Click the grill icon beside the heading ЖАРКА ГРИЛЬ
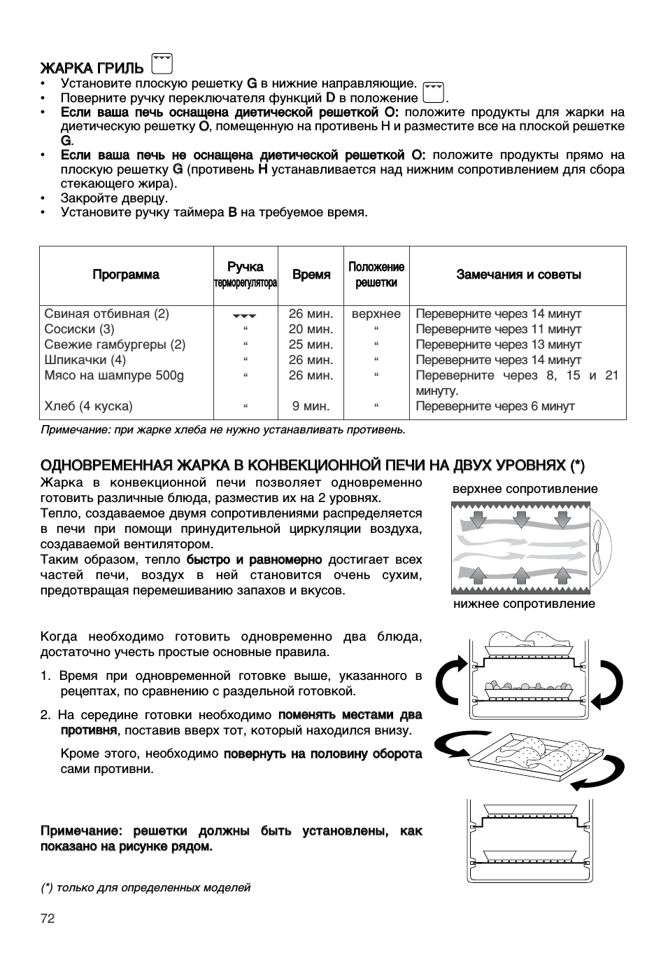tap(162, 64)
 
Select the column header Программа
tap(126, 275)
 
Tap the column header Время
tap(311, 275)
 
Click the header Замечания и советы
tap(518, 275)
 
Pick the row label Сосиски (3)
tap(79, 329)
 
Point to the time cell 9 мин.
tap(311, 406)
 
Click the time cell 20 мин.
tap(311, 329)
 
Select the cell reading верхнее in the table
tap(376, 314)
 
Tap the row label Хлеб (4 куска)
tap(88, 406)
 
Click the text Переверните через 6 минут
tap(495, 406)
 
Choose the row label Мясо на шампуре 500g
tap(114, 375)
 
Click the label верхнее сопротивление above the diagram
tap(525, 489)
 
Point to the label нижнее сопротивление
tap(524, 604)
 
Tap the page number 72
tap(48, 919)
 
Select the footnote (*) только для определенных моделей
tap(145, 888)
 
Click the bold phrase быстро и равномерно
tap(254, 559)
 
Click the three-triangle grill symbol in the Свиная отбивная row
tap(245, 315)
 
